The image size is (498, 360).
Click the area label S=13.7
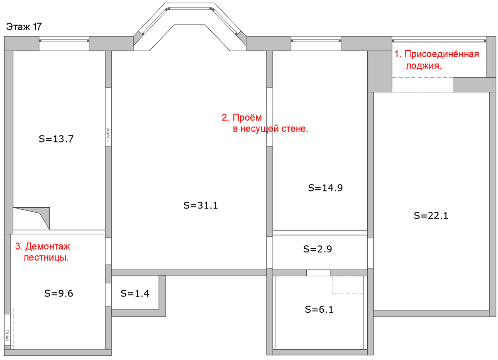(x=56, y=139)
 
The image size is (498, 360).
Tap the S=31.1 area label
(x=200, y=206)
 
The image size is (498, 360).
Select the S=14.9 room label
(x=325, y=188)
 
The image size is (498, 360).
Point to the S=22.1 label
(x=431, y=216)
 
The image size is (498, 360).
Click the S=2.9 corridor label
(x=317, y=249)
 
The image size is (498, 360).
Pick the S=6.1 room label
(x=319, y=309)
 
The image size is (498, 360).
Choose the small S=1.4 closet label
(x=135, y=294)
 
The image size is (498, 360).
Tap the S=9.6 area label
(x=59, y=294)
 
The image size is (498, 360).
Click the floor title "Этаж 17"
(x=24, y=27)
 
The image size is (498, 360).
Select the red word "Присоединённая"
(x=442, y=54)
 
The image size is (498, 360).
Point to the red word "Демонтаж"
(x=48, y=246)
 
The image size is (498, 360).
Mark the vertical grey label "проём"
(x=108, y=135)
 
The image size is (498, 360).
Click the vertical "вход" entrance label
(x=7, y=336)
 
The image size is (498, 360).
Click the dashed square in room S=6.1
(x=348, y=285)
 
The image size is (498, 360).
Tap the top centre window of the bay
(x=190, y=9)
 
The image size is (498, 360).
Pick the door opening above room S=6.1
(x=318, y=273)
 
